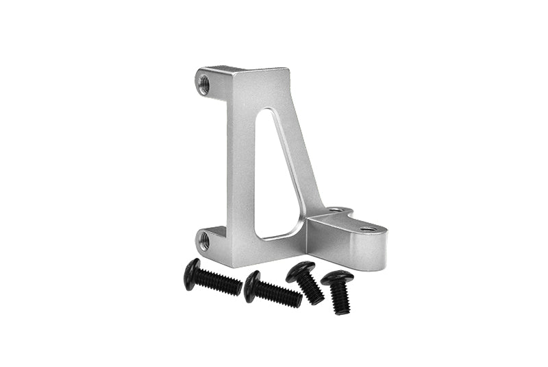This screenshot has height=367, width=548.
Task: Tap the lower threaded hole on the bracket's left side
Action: [203, 240]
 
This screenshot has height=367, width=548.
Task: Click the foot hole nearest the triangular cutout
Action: [334, 211]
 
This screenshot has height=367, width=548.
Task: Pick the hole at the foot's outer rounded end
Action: [368, 228]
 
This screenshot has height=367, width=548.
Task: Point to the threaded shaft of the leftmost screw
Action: [221, 282]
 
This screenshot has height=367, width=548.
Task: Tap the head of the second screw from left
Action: [251, 285]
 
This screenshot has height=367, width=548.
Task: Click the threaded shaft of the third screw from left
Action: [313, 289]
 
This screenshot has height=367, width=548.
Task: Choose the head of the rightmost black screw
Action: [337, 278]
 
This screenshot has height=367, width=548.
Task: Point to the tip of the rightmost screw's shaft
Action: [342, 311]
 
